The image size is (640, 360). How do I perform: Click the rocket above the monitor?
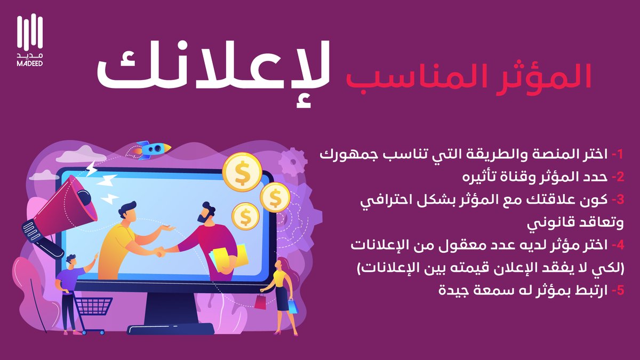coord(154,149)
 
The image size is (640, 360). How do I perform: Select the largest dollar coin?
coord(242,172)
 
